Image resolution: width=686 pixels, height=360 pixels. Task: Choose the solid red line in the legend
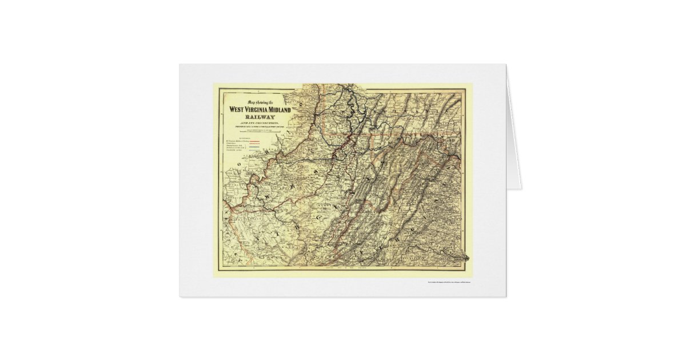[x=253, y=141]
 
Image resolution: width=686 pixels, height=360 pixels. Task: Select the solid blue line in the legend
[x=253, y=147]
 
